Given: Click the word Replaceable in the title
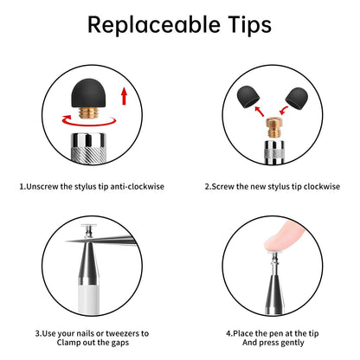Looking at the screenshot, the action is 154,25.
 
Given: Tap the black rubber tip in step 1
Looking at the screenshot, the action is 88,93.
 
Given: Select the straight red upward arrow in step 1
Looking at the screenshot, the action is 125,96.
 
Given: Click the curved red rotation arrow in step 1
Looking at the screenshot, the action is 88,124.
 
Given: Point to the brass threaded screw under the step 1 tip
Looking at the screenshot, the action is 88,112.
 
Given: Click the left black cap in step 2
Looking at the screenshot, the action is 248,98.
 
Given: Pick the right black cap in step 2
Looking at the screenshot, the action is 297,98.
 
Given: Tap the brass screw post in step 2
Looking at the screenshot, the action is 273,127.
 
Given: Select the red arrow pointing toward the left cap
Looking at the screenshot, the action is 260,111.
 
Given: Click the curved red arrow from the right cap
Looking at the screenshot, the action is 284,110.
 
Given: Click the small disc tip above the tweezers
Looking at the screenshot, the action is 89,227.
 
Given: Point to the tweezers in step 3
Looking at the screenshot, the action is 101,240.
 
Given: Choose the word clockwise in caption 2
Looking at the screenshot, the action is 322,186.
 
